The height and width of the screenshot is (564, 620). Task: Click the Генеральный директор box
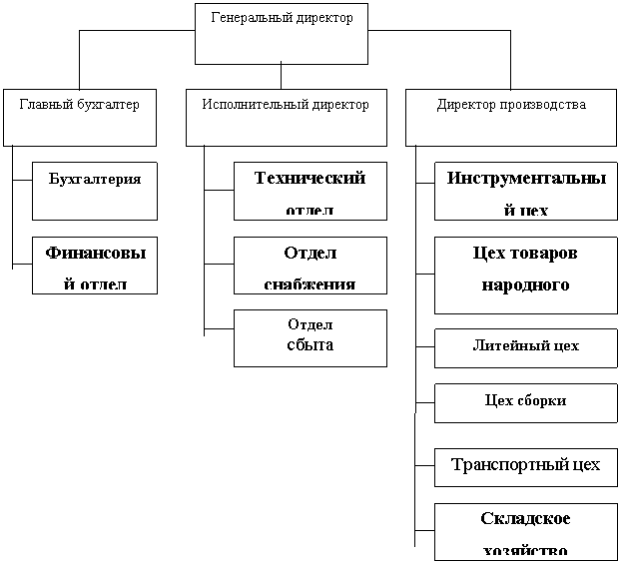coord(281,34)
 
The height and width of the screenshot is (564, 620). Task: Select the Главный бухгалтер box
coord(80,118)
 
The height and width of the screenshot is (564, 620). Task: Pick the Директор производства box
coord(511,118)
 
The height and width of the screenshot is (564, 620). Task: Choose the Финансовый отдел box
coord(95,265)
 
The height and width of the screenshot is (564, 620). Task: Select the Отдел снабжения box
coord(310,265)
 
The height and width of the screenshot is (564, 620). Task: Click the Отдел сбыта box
coord(310,337)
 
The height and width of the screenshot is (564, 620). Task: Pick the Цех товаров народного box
coord(525,275)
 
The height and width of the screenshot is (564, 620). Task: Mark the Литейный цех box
coord(525,347)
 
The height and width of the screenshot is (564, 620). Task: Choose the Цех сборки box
coord(525,402)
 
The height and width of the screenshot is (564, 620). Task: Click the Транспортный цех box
coord(525,466)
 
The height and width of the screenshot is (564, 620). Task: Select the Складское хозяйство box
coord(525,532)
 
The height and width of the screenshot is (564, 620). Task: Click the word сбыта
coord(310,344)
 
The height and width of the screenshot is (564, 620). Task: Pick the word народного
coord(525,285)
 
